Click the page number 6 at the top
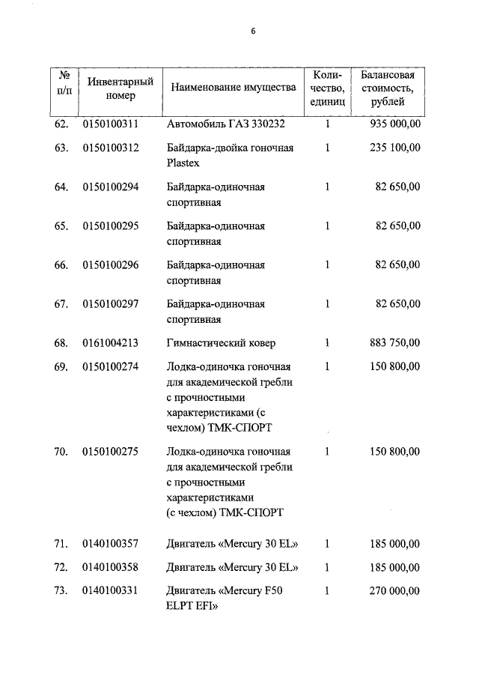click(x=253, y=31)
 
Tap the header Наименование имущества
click(x=234, y=88)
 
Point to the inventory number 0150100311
click(x=111, y=124)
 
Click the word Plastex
click(x=183, y=163)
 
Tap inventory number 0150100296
click(x=111, y=264)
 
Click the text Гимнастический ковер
click(x=221, y=343)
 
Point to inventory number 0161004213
click(x=111, y=343)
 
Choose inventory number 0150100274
click(x=111, y=366)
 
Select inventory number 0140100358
click(x=111, y=567)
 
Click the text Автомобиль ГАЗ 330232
click(x=225, y=124)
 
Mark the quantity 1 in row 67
click(x=327, y=303)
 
